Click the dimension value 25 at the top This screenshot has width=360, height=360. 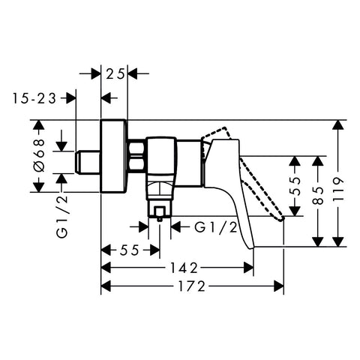(115, 73)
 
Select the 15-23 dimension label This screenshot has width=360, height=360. (34, 98)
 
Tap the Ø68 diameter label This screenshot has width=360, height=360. (39, 155)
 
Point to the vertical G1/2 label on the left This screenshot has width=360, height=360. (62, 217)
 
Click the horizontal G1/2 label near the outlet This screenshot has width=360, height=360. (216, 228)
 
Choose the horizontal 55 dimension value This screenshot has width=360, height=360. (129, 250)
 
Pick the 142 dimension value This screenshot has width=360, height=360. (184, 268)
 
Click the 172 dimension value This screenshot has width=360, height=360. (191, 286)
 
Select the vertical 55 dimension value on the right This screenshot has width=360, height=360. (295, 186)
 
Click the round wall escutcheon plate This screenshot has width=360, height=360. (114, 157)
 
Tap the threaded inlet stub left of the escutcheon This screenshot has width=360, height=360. (88, 162)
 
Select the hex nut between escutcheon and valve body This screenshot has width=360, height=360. (137, 157)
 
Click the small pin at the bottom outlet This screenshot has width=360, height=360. (160, 218)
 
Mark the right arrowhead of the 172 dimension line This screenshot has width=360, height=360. (279, 286)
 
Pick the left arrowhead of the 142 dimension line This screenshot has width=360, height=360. (106, 268)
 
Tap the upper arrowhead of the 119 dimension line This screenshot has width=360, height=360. (338, 124)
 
